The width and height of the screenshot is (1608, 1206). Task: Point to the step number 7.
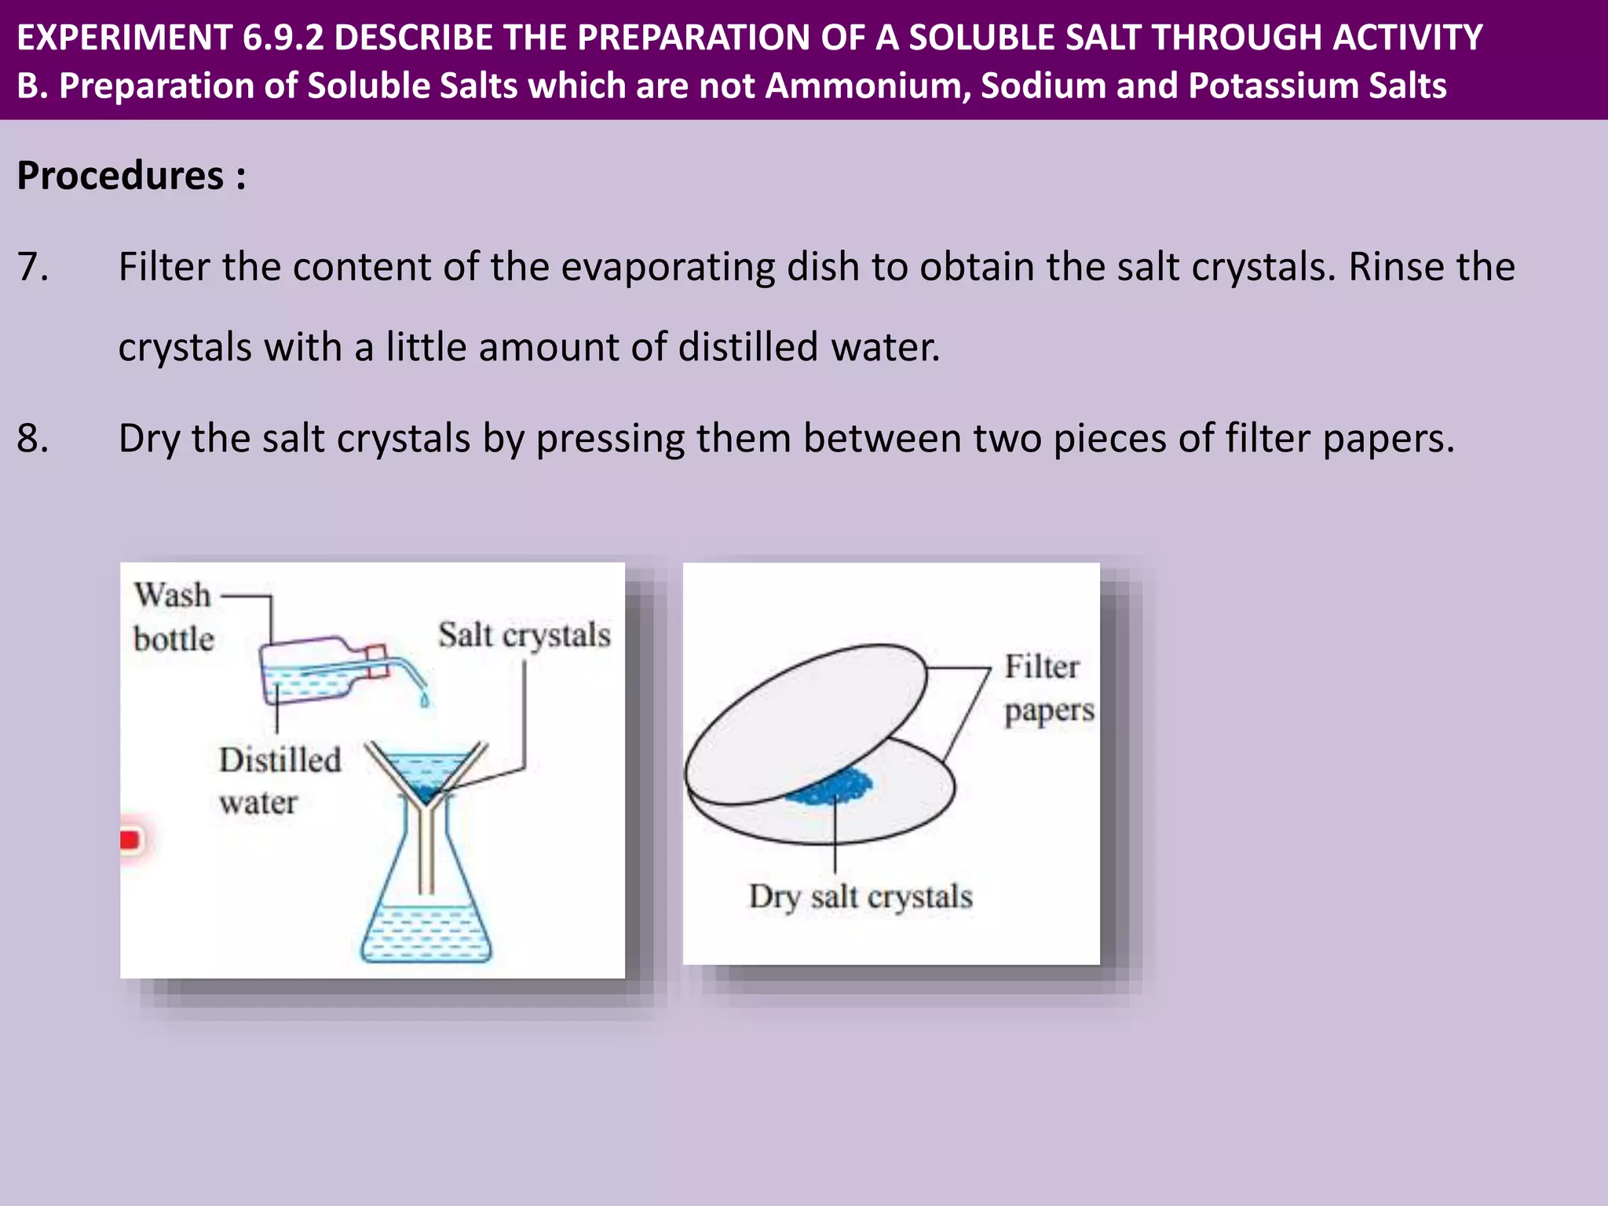tap(32, 267)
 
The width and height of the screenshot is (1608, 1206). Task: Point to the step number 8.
tap(32, 438)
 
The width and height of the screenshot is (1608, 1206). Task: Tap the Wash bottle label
tap(173, 617)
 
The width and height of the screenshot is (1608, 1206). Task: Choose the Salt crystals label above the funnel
tap(524, 635)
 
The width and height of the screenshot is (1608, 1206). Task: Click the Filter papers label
tap(1047, 689)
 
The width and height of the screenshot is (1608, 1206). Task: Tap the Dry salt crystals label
tap(861, 897)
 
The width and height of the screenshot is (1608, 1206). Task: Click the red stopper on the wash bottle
tap(378, 661)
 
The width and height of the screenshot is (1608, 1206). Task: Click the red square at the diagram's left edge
tap(130, 839)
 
